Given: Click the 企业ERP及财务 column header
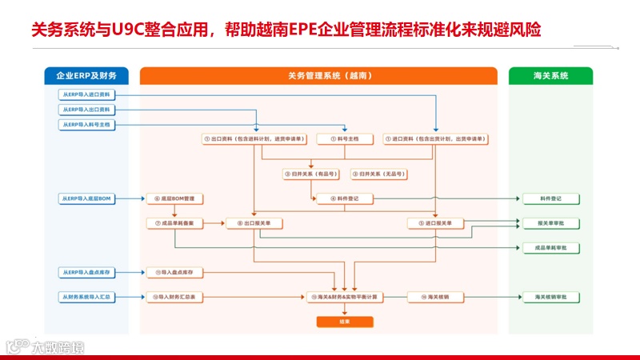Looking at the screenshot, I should (x=86, y=76).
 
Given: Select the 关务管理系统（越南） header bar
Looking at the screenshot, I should (x=319, y=76).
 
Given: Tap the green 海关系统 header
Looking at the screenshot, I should (x=550, y=76).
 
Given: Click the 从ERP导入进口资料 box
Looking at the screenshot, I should (x=86, y=94).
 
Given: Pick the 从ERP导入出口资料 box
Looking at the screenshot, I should (x=86, y=110).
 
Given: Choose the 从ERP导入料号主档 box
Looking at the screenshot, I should (x=86, y=125).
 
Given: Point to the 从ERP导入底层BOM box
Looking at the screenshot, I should (x=86, y=198).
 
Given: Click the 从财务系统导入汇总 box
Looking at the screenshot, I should (x=86, y=297).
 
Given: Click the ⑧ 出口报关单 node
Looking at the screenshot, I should (x=254, y=223).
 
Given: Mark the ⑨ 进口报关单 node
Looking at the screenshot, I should (x=435, y=223).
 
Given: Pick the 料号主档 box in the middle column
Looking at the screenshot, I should (x=344, y=139).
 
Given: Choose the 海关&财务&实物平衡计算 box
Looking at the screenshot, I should (x=344, y=297).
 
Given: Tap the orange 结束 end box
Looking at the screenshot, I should (x=344, y=322).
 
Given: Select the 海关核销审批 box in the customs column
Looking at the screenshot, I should (x=550, y=297).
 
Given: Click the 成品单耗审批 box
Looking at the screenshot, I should (x=550, y=248).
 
